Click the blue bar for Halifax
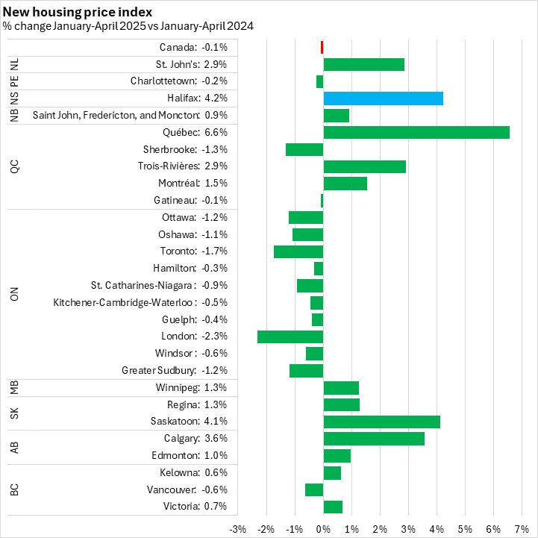click(383, 98)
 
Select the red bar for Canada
click(322, 47)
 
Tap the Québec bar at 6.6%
click(416, 132)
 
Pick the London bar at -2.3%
click(290, 337)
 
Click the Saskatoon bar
click(381, 422)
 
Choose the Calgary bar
click(374, 439)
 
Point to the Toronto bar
click(298, 251)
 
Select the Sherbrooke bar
click(304, 149)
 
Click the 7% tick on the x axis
click(522, 529)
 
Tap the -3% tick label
click(237, 529)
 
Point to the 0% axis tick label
click(323, 529)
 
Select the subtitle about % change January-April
click(128, 26)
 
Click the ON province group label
click(14, 294)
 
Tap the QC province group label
click(14, 166)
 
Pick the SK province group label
click(14, 413)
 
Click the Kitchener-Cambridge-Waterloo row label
click(125, 302)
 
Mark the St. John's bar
click(363, 64)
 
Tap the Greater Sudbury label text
click(158, 370)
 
